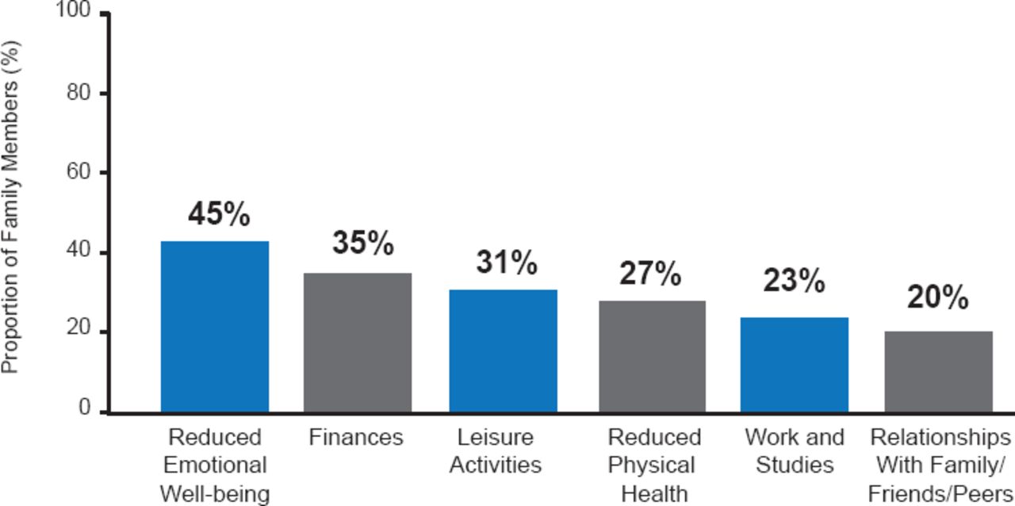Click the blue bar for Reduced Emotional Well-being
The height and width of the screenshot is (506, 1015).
pos(215,326)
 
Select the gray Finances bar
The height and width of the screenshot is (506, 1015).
pos(358,343)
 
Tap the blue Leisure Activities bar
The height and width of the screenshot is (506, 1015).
pos(503,351)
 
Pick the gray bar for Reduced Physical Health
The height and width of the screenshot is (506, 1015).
pos(652,356)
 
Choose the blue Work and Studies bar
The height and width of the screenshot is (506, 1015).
pos(795,365)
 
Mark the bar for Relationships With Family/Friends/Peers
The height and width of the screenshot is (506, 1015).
pos(938,371)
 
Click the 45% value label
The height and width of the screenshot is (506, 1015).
pos(219,214)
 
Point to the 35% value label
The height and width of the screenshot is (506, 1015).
pos(362,243)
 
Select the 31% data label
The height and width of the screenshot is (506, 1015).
pos(506,263)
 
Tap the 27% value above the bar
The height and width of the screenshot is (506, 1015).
pos(649,274)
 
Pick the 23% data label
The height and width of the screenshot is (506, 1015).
pos(794,281)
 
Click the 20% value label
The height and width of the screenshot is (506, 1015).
pos(937,298)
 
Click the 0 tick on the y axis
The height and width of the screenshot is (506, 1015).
pos(83,408)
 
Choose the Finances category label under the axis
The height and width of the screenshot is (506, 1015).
pos(356,438)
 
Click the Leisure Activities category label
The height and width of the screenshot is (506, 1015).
pos(495,450)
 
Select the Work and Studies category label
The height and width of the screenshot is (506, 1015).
pos(795,450)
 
